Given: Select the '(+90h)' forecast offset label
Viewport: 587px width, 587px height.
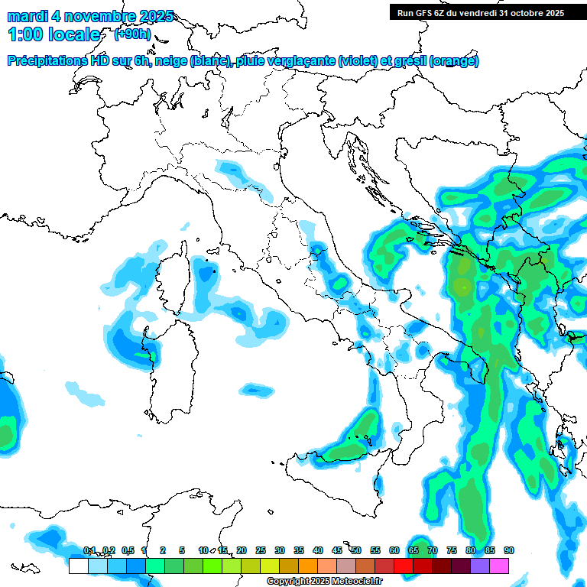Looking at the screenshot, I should tap(131, 34).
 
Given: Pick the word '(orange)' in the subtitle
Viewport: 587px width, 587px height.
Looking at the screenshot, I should tap(454, 61).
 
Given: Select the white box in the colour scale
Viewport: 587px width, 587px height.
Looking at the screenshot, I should tap(78, 566).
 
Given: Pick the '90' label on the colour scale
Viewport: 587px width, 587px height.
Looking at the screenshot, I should tap(508, 550).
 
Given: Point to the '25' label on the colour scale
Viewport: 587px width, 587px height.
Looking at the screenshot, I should tap(260, 550).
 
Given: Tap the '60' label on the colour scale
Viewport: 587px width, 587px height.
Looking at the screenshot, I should tap(394, 550).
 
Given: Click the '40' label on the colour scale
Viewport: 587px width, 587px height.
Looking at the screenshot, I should tap(317, 550).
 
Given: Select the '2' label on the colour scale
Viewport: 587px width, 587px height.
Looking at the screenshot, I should tap(162, 550).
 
